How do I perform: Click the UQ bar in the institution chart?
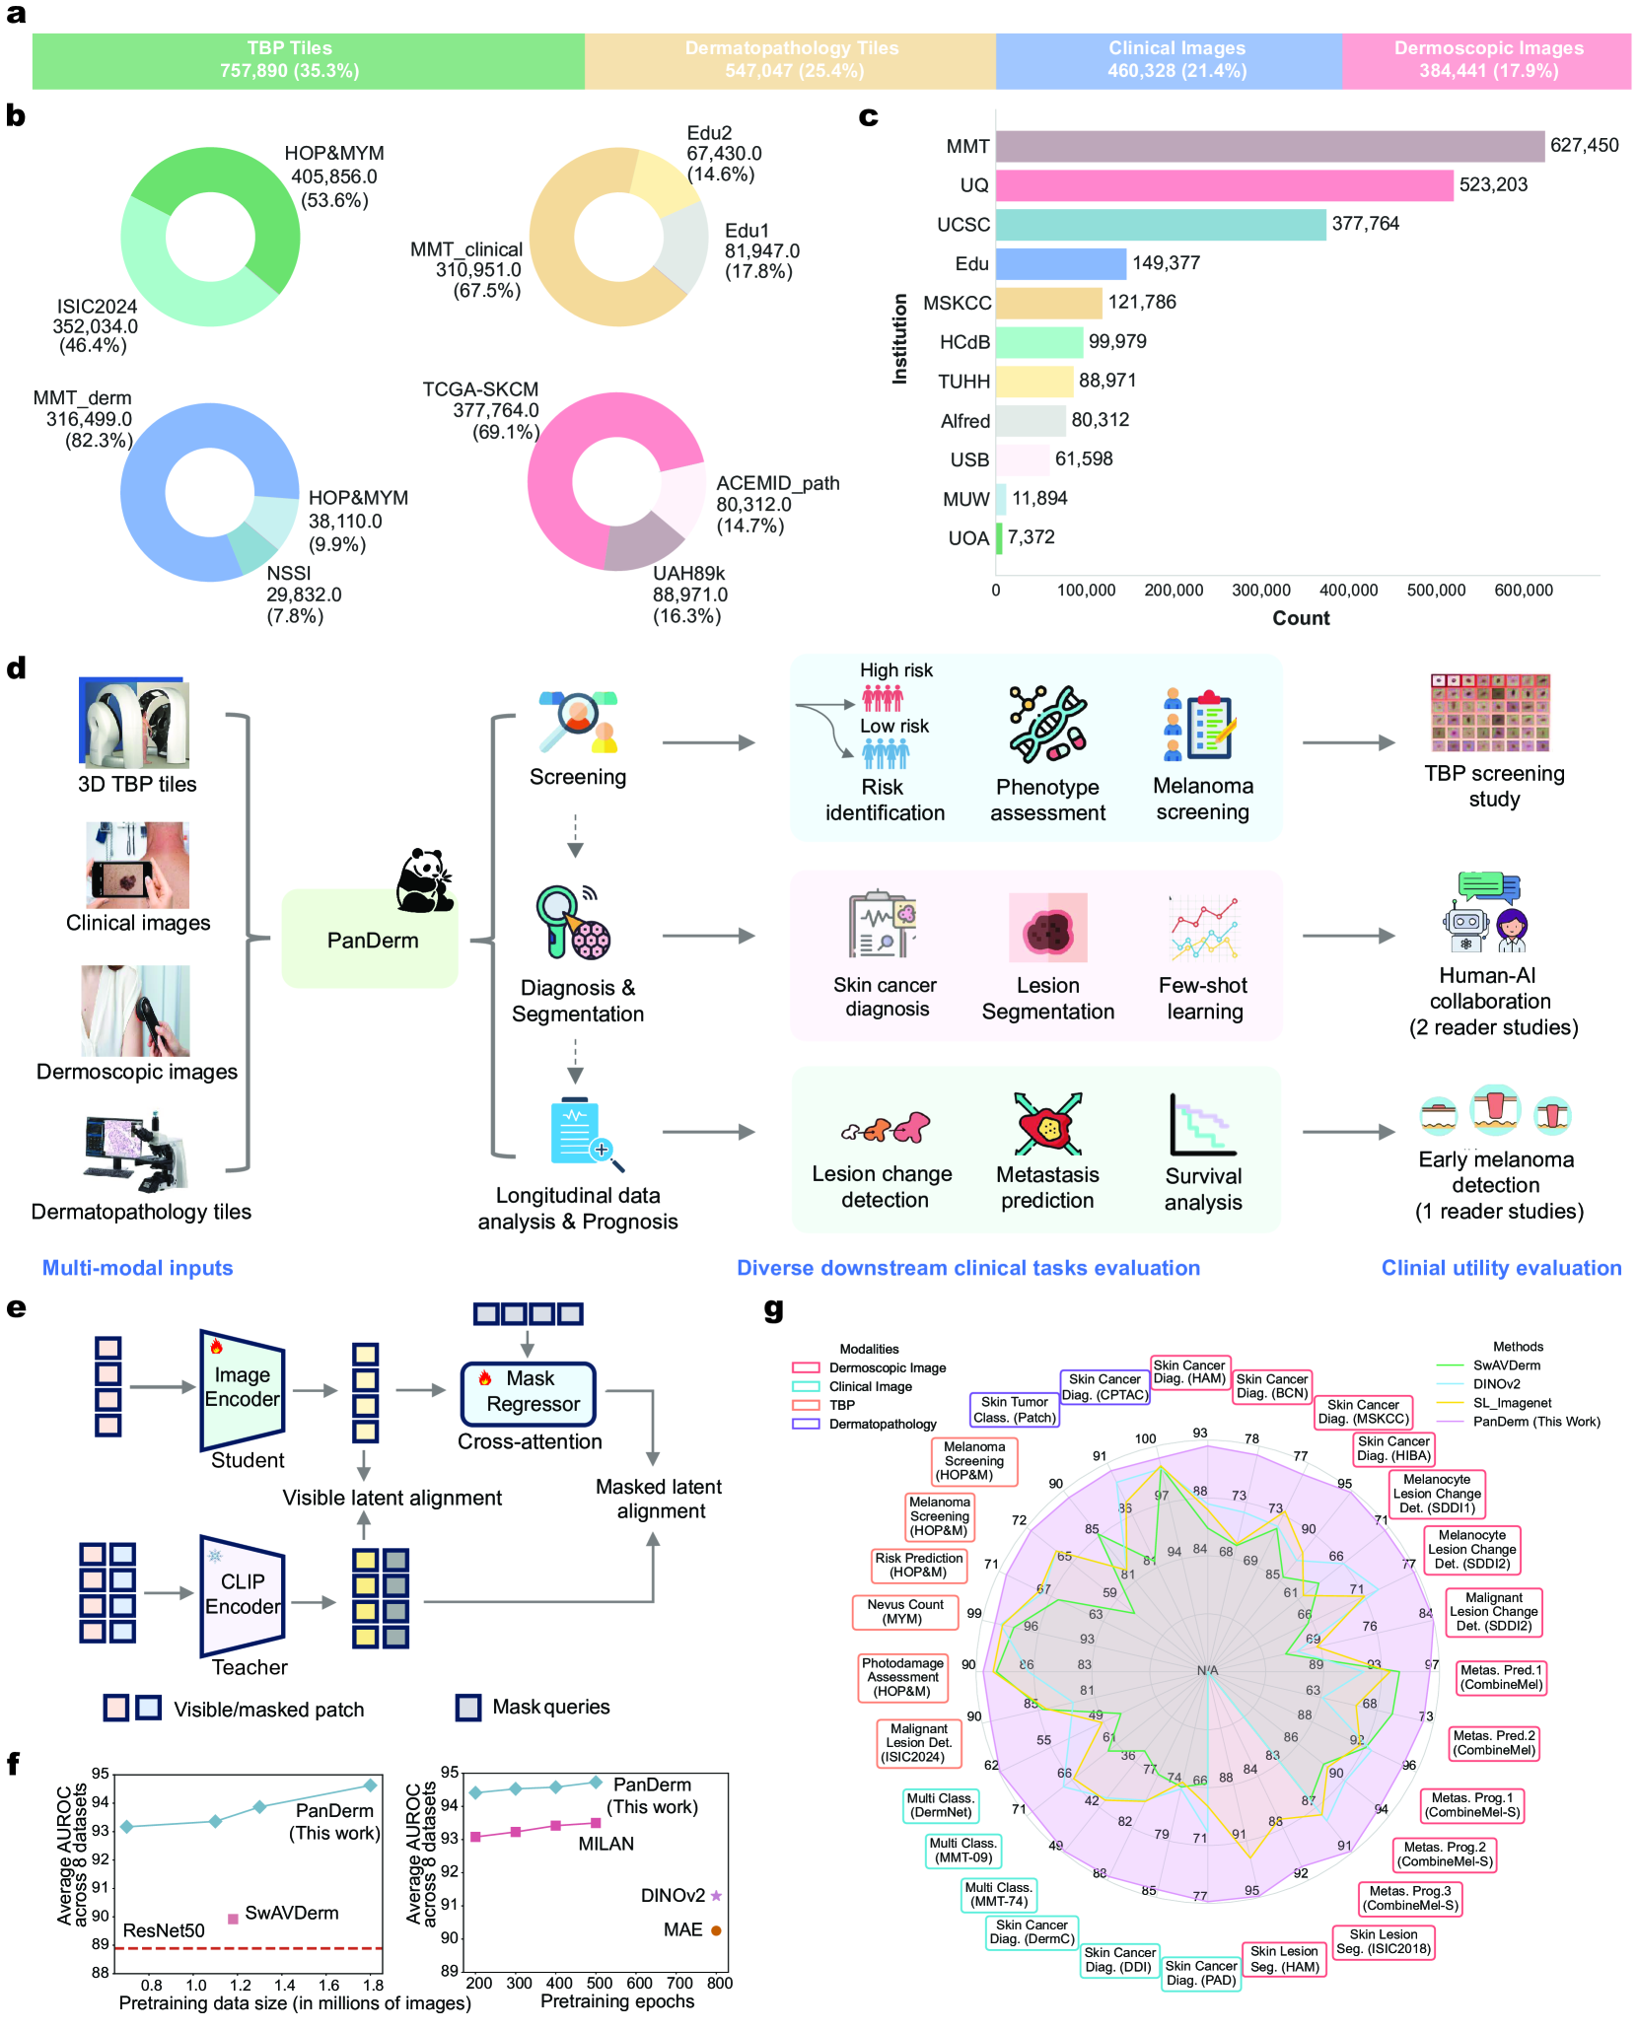pos(1223,185)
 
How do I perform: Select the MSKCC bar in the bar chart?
pos(1048,303)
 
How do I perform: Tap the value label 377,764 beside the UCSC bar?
pos(1365,224)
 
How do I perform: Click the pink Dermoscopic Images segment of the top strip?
pos(1486,60)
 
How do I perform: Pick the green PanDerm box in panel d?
pos(370,939)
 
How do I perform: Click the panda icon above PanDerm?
pos(424,879)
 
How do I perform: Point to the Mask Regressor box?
pos(529,1392)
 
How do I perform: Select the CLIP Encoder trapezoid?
pos(242,1594)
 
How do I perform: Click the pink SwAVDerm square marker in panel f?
pos(234,1919)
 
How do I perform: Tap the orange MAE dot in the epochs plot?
pos(716,1930)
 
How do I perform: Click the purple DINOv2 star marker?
pos(716,1896)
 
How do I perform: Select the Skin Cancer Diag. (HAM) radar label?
pos(1188,1371)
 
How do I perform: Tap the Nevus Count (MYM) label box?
pos(904,1611)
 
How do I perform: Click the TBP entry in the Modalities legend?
pos(841,1405)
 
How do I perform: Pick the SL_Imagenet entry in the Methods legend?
pos(1512,1403)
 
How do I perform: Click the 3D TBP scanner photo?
pos(134,723)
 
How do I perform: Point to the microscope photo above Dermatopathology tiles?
pos(135,1152)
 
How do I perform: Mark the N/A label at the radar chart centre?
pos(1207,1670)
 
